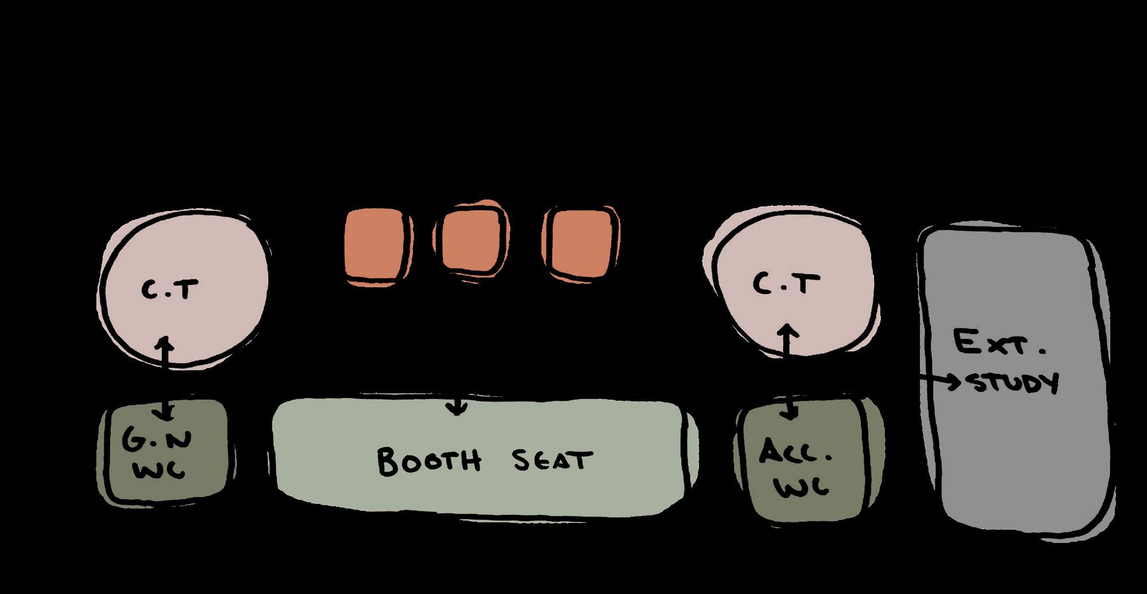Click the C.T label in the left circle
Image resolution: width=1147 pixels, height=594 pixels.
click(169, 292)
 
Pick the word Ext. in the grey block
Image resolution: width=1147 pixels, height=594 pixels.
click(999, 344)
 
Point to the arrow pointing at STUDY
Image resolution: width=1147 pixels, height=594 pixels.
click(941, 381)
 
